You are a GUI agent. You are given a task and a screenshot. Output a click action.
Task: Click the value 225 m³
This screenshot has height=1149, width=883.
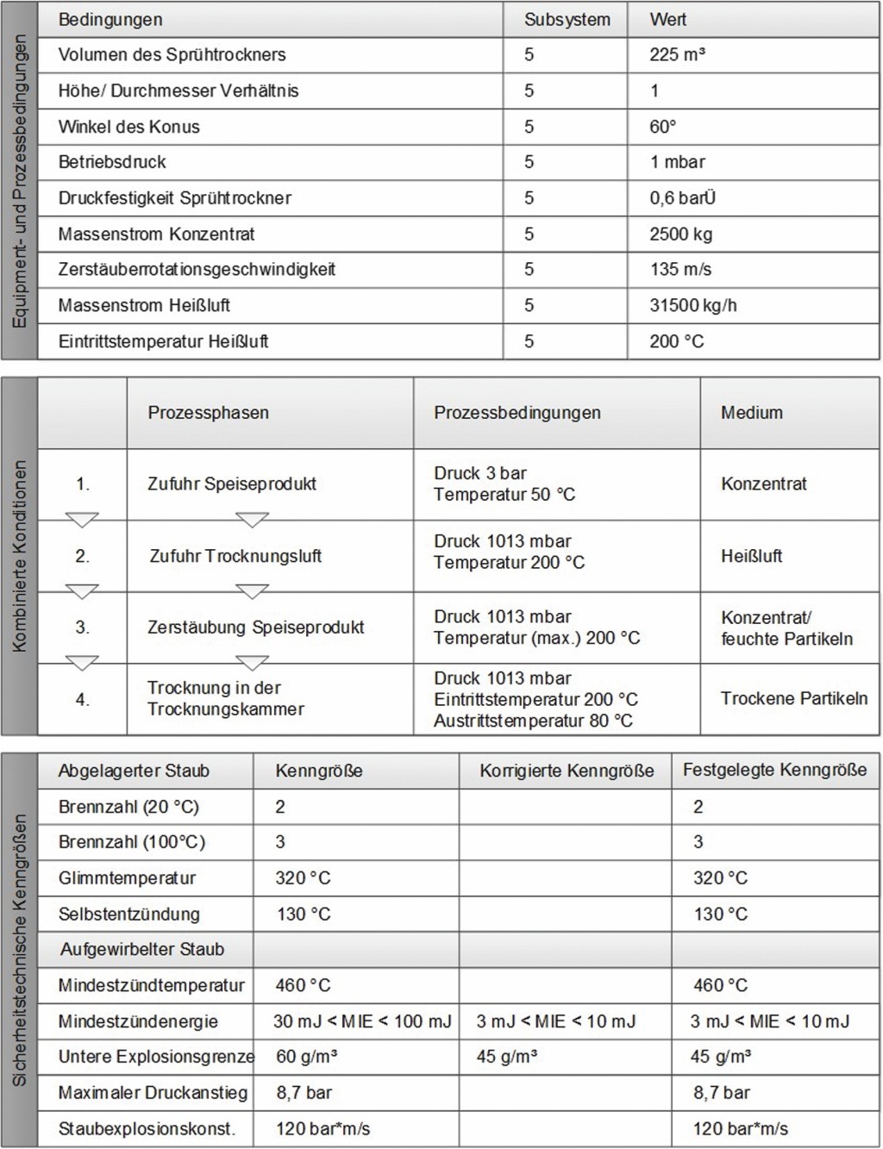[677, 55]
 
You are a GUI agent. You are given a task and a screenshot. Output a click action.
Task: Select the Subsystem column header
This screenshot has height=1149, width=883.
[567, 20]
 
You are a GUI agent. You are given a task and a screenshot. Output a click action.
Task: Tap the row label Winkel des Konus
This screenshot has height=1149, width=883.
[128, 127]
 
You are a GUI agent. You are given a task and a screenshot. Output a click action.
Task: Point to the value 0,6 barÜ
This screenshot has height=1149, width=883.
[682, 198]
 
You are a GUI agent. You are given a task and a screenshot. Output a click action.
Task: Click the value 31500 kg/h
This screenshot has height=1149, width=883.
[692, 305]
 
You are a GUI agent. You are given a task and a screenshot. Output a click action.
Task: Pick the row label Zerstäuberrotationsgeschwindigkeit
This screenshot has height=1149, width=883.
[197, 269]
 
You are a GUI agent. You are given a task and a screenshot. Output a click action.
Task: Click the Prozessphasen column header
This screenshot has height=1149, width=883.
[208, 413]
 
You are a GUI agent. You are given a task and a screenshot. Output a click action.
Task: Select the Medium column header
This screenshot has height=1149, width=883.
[751, 413]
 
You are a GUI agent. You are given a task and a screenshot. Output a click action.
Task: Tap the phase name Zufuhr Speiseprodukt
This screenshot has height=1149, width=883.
[231, 484]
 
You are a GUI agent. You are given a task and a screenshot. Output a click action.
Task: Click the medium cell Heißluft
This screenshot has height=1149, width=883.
[751, 556]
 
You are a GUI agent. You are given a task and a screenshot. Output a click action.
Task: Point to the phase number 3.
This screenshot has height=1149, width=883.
[82, 628]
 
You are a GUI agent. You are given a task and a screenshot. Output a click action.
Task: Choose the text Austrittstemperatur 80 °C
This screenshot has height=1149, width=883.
[532, 721]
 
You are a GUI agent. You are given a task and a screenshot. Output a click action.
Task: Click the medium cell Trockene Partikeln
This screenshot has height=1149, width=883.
[793, 698]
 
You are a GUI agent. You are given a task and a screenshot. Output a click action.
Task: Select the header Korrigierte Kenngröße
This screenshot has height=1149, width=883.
[566, 771]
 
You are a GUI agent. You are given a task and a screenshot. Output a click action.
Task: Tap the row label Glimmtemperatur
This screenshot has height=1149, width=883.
[127, 878]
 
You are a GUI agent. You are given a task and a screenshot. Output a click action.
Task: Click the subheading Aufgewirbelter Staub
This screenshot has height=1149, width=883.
[141, 950]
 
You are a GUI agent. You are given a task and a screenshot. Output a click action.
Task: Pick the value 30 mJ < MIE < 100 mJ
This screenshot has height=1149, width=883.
[362, 1021]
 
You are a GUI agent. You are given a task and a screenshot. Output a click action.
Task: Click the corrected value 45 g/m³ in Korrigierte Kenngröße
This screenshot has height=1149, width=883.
[506, 1057]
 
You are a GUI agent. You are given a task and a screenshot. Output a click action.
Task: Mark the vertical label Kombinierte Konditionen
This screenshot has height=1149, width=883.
[20, 556]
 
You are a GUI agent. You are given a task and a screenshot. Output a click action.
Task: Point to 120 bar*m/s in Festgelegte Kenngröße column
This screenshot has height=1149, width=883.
[740, 1128]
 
